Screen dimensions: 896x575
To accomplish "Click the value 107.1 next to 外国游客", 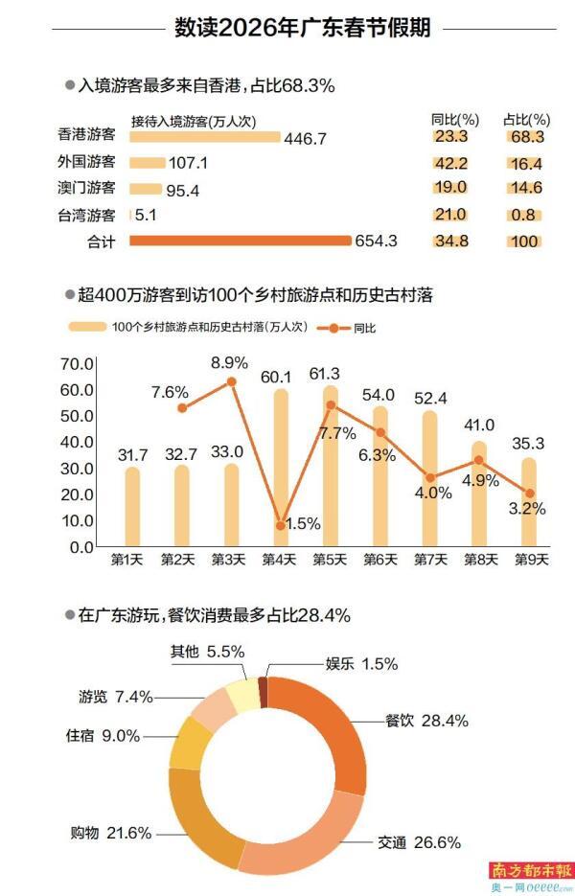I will [188, 164].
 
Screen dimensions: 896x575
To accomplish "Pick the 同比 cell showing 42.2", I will [449, 163].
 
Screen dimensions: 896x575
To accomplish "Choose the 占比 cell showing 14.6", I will [526, 189].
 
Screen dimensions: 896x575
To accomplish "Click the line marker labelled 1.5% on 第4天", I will [280, 525].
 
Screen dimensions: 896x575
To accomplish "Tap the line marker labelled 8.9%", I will [231, 381].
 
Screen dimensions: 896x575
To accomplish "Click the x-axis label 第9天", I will [527, 560].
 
